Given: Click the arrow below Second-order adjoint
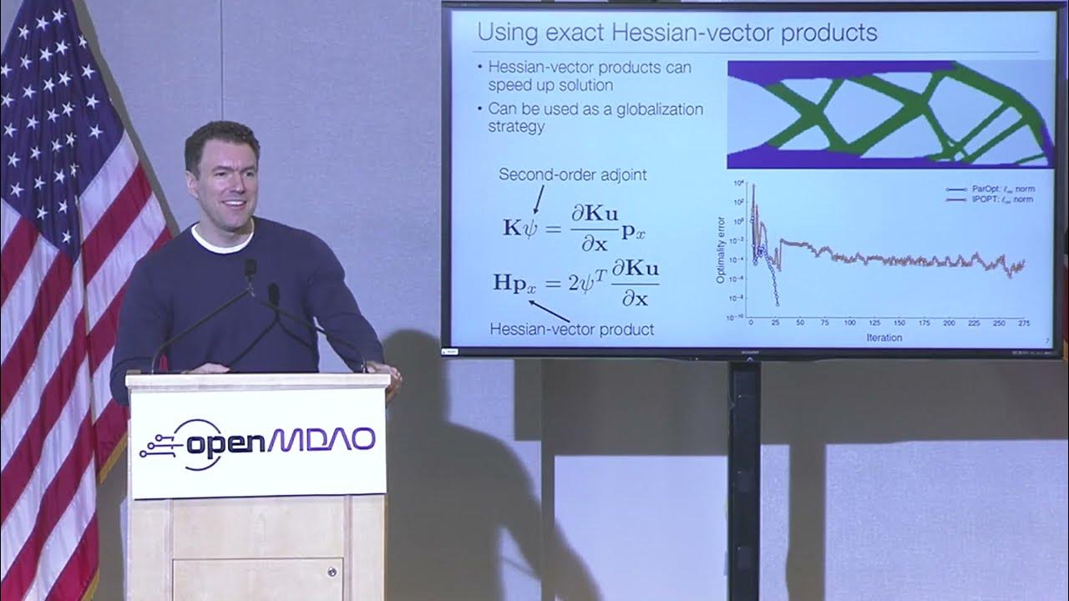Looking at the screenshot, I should coord(537,198).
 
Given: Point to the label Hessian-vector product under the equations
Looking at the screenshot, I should coord(571,329).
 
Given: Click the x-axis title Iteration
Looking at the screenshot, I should coord(884,337).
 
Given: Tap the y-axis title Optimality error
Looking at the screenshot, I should coord(721,250).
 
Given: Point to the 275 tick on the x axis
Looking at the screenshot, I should coord(1024,323).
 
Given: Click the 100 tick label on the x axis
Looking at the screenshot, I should coord(849,323).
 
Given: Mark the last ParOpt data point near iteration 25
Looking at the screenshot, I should coord(776,304).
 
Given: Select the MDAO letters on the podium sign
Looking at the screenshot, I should coord(324,440).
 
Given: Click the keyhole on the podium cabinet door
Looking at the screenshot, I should coord(332,572).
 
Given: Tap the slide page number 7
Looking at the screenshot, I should coord(1047,340).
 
